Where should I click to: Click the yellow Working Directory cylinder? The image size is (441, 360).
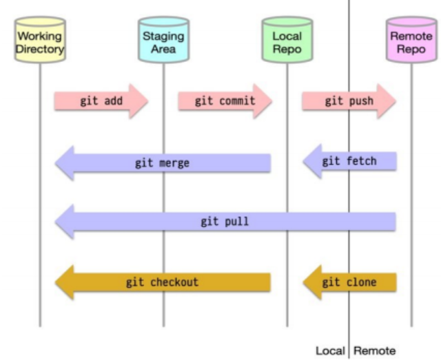coord(40,39)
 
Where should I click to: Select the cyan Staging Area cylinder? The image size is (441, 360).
coord(164,39)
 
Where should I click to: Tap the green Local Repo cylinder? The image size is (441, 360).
coord(287,39)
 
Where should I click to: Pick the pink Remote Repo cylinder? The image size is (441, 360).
coord(411,39)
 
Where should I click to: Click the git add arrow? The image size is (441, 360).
coord(101,101)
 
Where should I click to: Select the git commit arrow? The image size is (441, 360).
coord(225,101)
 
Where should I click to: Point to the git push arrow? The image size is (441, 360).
coord(349,101)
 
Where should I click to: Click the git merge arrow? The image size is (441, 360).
coord(163,163)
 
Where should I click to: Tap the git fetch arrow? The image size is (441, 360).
coord(349,161)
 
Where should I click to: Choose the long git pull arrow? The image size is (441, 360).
coord(225,222)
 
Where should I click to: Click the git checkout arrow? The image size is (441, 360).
coord(163,282)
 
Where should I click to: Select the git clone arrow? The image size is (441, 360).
coord(349,282)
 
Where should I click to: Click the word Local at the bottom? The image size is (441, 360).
coord(330,351)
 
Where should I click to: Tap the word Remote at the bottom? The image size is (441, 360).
coord(375,351)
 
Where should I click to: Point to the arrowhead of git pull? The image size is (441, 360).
coord(64,222)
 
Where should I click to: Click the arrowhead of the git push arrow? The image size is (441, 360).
coord(387,101)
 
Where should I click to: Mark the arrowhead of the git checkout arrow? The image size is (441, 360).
coord(64,282)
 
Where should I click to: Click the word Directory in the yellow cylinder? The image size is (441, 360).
coord(40,49)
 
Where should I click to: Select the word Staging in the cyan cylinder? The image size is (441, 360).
coord(163,36)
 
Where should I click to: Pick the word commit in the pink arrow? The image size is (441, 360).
coord(237,101)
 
